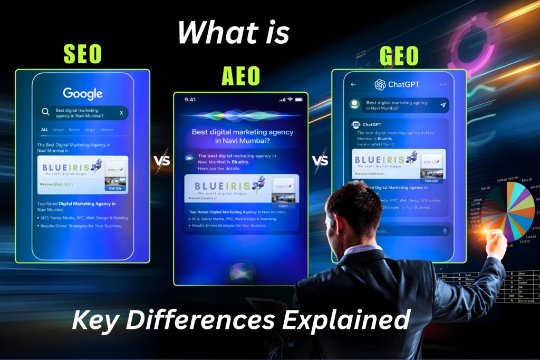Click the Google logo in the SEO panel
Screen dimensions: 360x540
pyautogui.click(x=83, y=94)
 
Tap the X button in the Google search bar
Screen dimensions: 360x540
pyautogui.click(x=121, y=113)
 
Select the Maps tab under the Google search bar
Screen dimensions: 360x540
pyautogui.click(x=90, y=130)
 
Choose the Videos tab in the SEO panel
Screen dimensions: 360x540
pyautogui.click(x=107, y=130)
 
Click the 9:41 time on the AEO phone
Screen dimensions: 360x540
pyautogui.click(x=190, y=99)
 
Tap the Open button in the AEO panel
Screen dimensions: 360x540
pyautogui.click(x=283, y=206)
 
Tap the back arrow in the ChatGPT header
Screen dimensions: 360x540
pyautogui.click(x=353, y=84)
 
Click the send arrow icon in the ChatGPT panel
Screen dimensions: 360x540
pyautogui.click(x=443, y=105)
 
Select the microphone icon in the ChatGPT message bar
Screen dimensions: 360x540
pyautogui.click(x=445, y=231)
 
